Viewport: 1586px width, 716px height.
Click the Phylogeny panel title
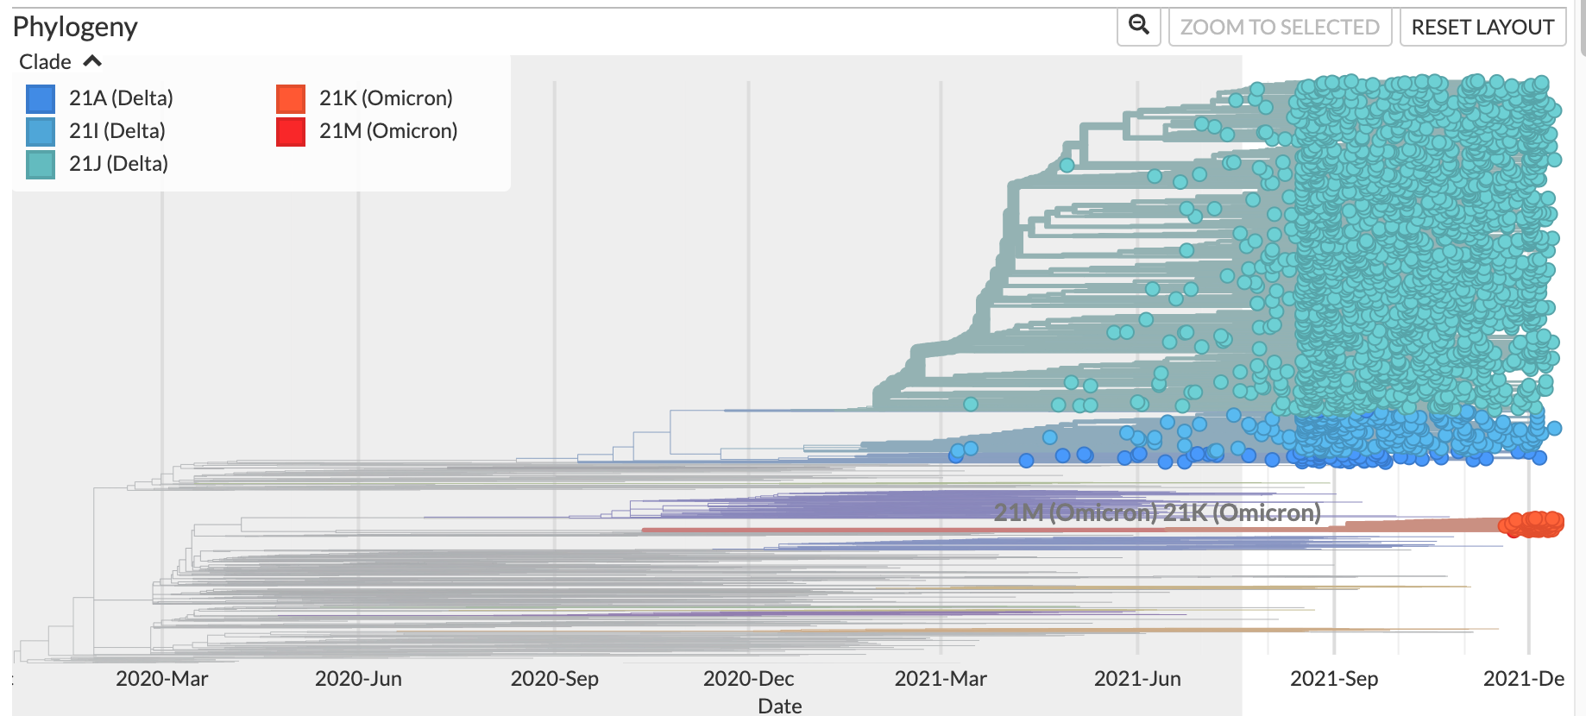75,28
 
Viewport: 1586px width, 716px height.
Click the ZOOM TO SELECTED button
1280,28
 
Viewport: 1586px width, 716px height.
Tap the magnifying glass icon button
1139,26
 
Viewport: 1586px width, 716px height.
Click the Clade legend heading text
45,62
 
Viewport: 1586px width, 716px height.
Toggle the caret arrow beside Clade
92,61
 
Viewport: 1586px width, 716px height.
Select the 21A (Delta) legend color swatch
41,99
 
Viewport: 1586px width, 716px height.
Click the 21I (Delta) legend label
117,131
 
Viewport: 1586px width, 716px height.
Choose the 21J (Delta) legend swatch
41,164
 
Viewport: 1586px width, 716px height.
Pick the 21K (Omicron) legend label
386,98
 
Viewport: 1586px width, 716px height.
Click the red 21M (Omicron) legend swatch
291,131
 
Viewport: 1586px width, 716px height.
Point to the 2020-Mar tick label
162,679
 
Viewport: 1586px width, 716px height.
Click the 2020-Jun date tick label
358,679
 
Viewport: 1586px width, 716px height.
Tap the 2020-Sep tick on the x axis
554,679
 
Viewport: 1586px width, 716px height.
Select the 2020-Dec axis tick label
748,679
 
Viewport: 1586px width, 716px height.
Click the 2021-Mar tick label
941,679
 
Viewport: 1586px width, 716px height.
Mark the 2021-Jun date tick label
1137,679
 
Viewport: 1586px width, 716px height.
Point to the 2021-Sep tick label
1334,679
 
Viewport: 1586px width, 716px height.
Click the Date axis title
779,706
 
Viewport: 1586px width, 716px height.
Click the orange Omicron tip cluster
1533,524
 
